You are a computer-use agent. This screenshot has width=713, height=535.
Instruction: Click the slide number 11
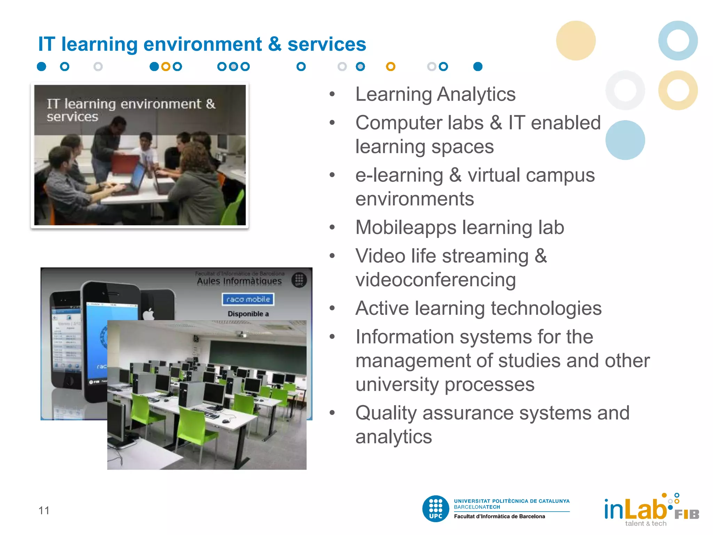(44, 510)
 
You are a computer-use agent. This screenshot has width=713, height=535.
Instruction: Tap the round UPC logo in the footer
(436, 509)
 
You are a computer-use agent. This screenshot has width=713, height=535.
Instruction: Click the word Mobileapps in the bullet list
(406, 227)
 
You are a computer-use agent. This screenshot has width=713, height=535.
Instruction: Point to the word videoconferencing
(436, 280)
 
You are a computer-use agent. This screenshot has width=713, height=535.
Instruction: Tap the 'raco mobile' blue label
(248, 299)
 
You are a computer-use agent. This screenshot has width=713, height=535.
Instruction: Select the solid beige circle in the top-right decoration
(576, 40)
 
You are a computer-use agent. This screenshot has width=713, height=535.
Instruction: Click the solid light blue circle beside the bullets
(625, 140)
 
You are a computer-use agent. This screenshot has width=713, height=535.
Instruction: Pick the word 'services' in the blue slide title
(327, 44)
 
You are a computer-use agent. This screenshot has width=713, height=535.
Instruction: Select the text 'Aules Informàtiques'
(239, 281)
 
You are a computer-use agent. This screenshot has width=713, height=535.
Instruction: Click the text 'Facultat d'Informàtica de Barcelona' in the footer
(499, 517)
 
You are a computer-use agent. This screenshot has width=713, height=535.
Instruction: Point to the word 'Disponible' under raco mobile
(245, 314)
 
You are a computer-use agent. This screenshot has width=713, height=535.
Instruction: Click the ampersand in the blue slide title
(275, 44)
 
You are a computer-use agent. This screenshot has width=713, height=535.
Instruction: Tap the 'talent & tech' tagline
(645, 524)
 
